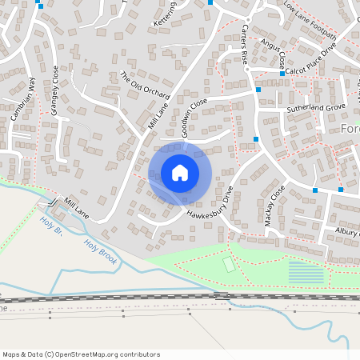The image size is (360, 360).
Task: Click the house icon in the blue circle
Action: (x=180, y=173)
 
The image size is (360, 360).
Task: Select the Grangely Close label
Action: (x=55, y=96)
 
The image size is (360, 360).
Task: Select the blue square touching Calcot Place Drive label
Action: (x=282, y=73)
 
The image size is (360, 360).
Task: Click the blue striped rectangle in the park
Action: (x=306, y=273)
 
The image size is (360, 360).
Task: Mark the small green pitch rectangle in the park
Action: (x=229, y=262)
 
